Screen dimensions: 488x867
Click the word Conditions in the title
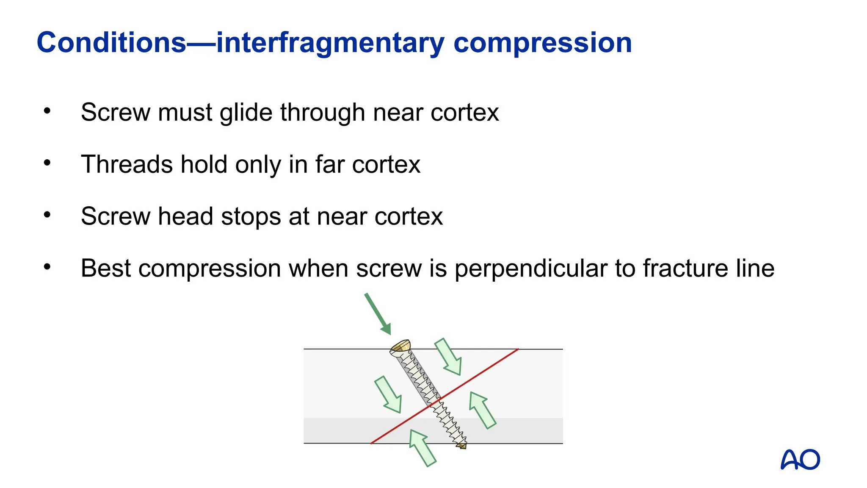(111, 43)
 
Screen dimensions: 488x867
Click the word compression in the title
(543, 43)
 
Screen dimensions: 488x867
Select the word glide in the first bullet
(246, 113)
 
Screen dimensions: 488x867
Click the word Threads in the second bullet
(127, 164)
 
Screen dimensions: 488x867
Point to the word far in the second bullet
(329, 164)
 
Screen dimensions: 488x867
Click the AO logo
(800, 460)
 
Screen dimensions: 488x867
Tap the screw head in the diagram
(400, 347)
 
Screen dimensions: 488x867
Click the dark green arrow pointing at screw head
(377, 313)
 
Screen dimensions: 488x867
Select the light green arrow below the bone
(422, 448)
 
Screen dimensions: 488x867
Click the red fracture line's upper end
(517, 350)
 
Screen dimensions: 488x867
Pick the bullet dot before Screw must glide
(47, 111)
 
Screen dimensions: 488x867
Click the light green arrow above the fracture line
(448, 357)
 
